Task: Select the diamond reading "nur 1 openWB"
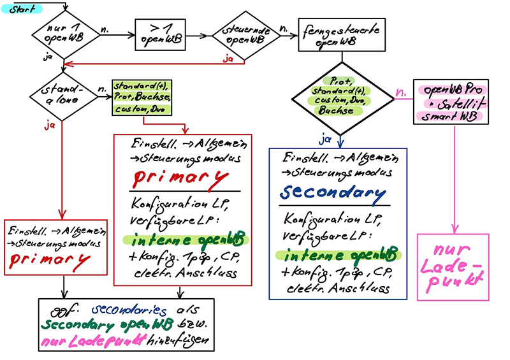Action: coord(64,34)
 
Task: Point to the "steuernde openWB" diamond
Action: coord(245,36)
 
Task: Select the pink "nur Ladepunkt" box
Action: coord(452,266)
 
